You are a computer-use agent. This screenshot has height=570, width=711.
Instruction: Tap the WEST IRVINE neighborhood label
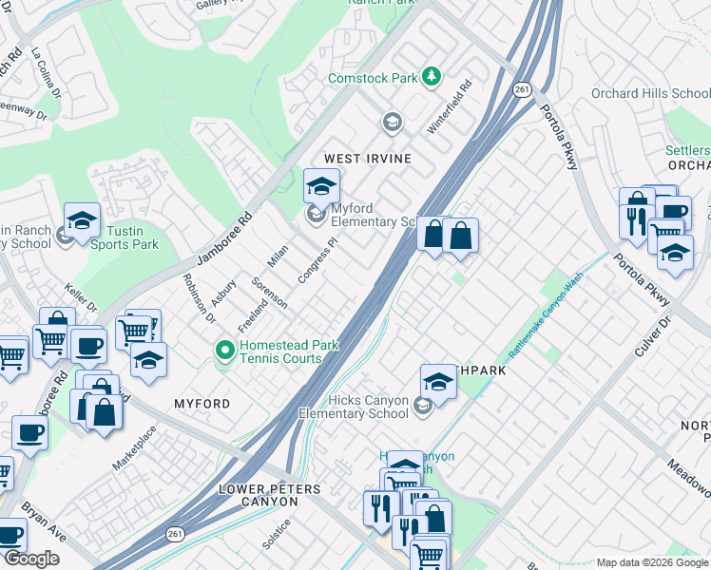coord(368,159)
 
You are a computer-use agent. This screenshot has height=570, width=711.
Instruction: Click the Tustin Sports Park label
coord(125,237)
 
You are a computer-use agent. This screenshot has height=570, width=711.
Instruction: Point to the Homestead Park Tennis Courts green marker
coord(225,352)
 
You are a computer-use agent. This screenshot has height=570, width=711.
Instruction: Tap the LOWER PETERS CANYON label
coord(269,495)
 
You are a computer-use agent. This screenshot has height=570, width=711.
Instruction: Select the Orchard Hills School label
coord(650,93)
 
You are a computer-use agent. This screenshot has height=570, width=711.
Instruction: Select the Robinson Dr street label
coord(200,298)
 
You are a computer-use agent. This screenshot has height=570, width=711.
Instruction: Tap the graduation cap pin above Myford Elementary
coord(322,185)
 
